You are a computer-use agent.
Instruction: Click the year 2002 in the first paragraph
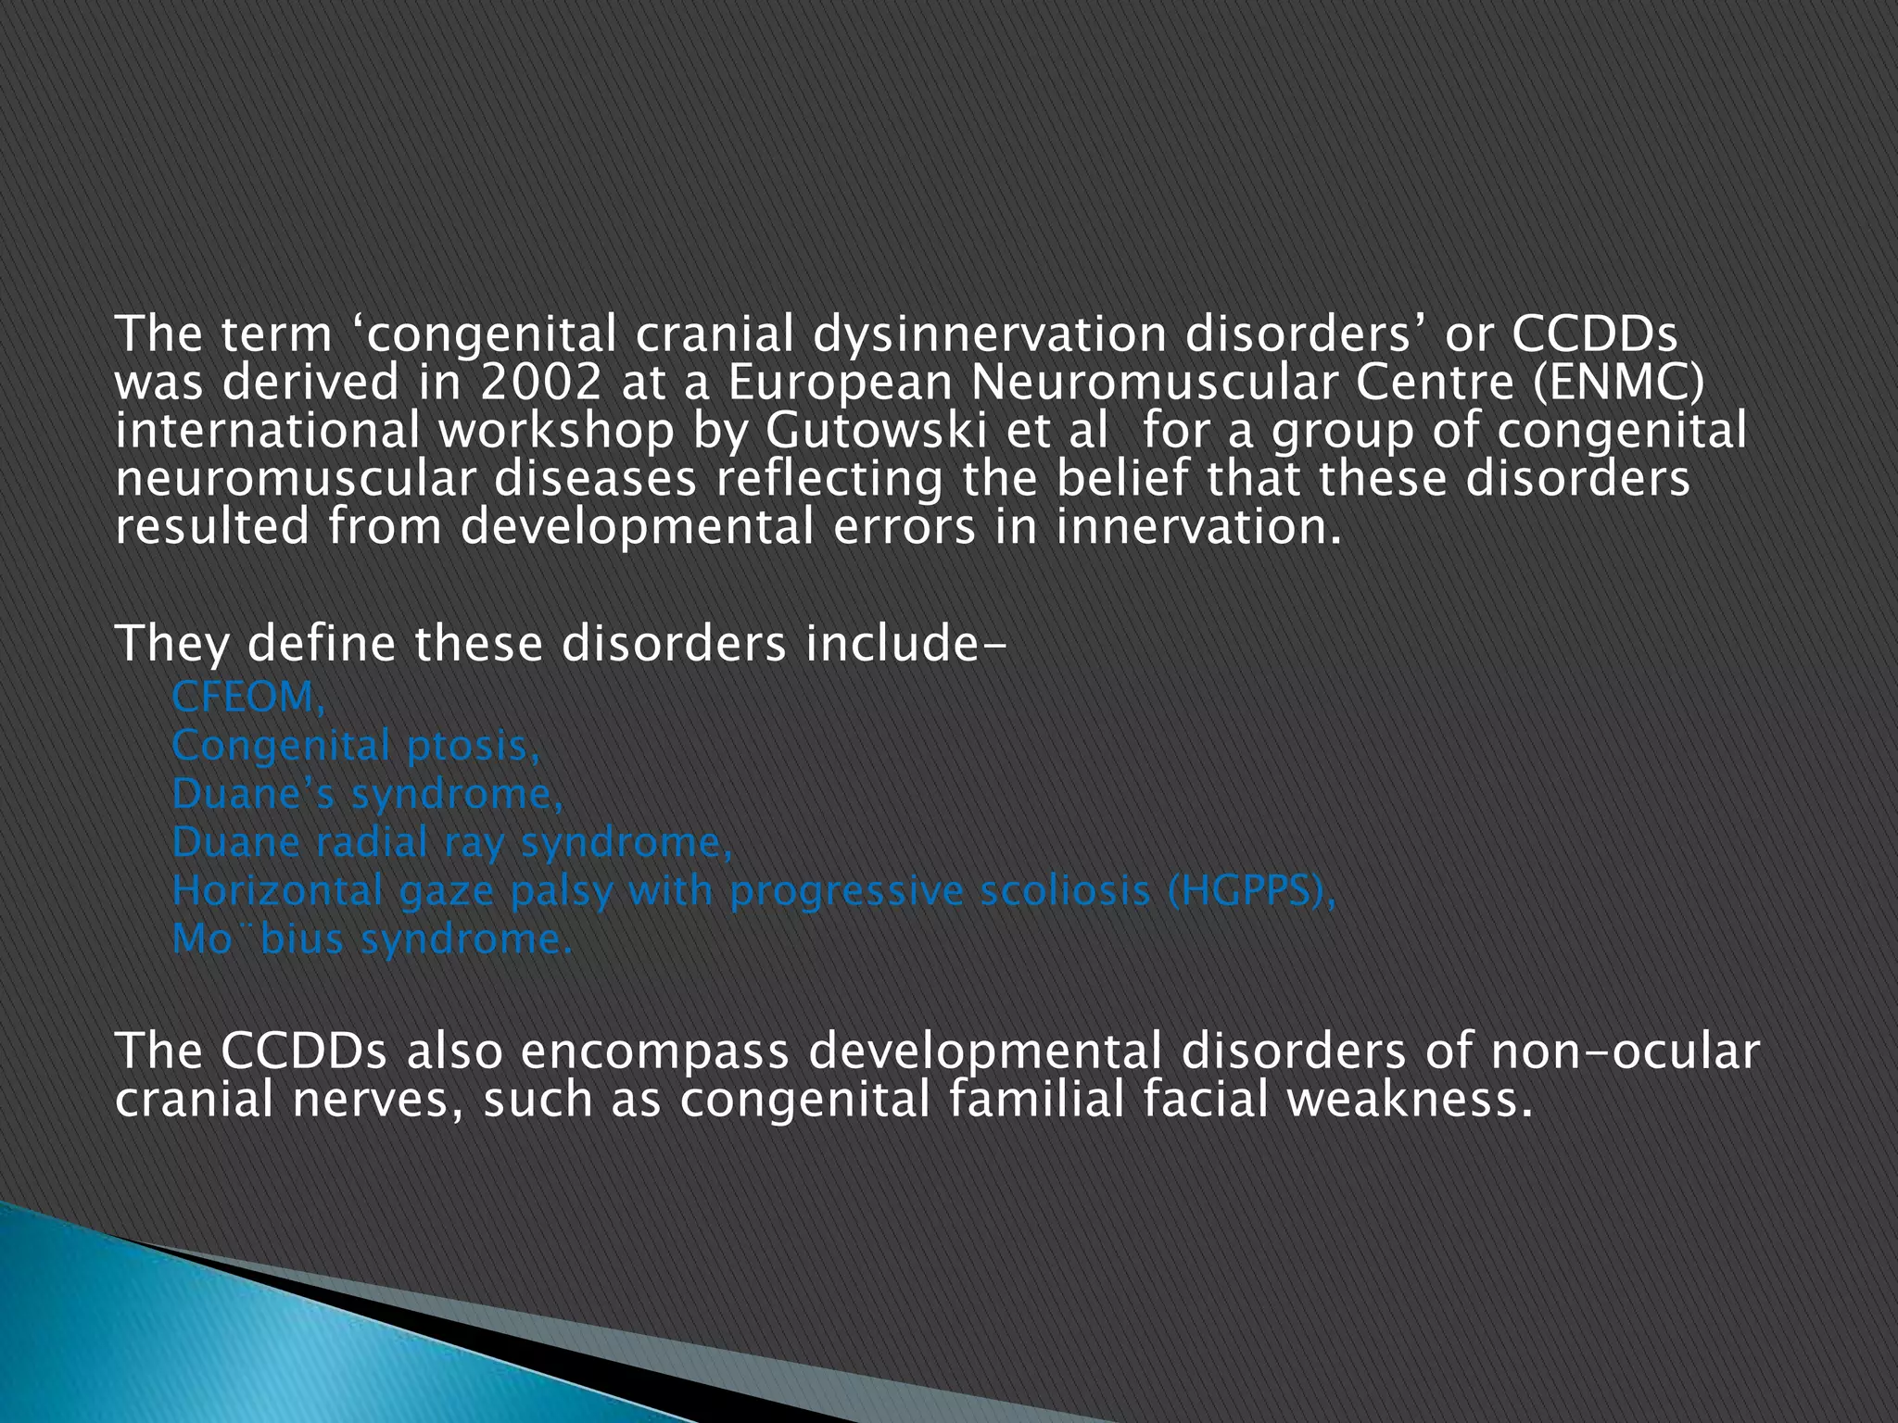(539, 383)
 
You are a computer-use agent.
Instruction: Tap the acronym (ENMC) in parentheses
(1617, 383)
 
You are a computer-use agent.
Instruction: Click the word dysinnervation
(989, 334)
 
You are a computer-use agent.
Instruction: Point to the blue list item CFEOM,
(248, 698)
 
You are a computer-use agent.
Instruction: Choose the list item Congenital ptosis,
(356, 746)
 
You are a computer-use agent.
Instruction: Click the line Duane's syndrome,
(367, 794)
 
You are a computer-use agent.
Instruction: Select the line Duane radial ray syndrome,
(452, 842)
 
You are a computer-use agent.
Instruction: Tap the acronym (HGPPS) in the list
(1251, 891)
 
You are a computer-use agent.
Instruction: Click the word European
(840, 383)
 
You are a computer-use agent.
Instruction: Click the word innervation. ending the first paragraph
(1198, 527)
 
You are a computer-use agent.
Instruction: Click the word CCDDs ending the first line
(1594, 334)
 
